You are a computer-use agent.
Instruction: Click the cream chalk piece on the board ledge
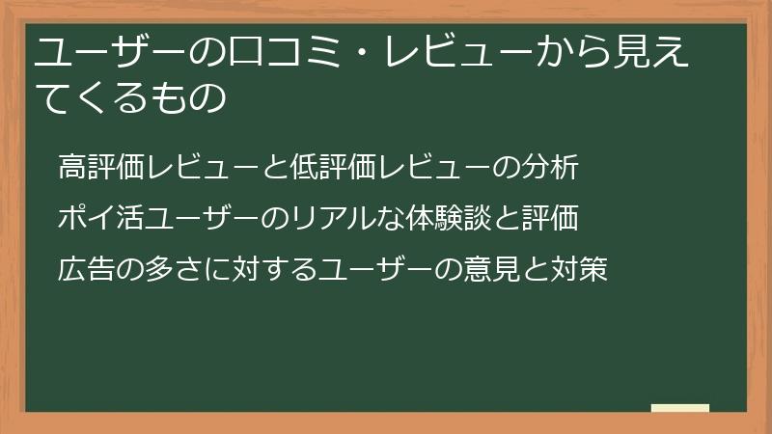[x=680, y=408]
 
